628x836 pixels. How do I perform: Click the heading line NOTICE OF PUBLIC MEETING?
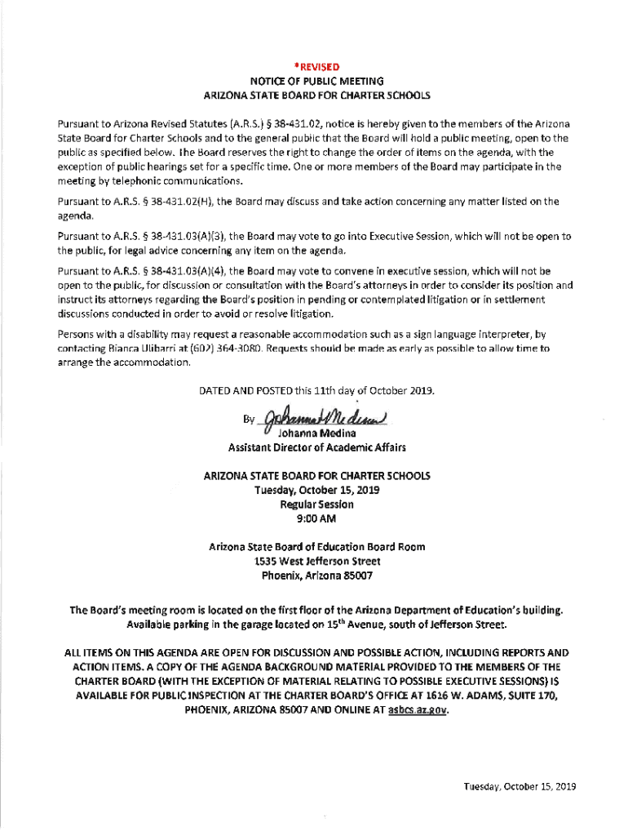pyautogui.click(x=316, y=81)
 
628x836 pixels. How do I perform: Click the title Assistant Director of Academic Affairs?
pyautogui.click(x=316, y=447)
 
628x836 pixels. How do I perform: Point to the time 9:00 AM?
pyautogui.click(x=316, y=519)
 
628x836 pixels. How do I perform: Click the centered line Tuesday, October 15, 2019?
pyautogui.click(x=316, y=491)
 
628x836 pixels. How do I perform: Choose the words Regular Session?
pyautogui.click(x=316, y=505)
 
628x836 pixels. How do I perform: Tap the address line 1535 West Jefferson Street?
pyautogui.click(x=316, y=561)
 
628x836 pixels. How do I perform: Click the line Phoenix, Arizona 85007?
pyautogui.click(x=316, y=576)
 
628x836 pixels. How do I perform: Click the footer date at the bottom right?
pyautogui.click(x=520, y=786)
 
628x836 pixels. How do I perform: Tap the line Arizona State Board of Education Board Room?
pyautogui.click(x=316, y=546)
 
